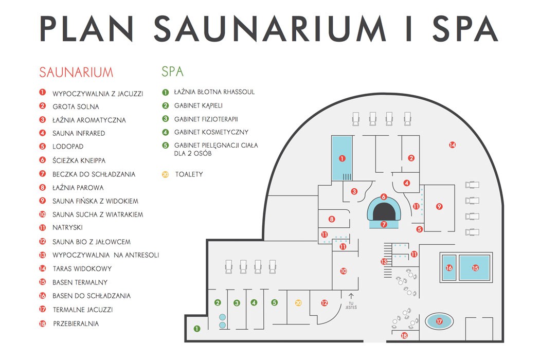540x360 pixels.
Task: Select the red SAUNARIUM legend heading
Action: (76, 72)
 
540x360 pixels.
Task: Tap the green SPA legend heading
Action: (172, 71)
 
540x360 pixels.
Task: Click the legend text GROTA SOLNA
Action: (76, 106)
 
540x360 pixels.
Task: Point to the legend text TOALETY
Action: (189, 174)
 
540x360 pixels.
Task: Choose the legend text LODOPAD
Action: (68, 147)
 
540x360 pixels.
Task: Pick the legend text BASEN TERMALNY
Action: (80, 282)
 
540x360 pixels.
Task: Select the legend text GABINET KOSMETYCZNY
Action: (211, 132)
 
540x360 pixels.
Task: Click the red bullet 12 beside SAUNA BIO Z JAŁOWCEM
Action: (43, 241)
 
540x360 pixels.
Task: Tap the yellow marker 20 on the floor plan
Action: (298, 303)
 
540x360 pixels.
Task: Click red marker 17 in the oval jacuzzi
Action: (439, 322)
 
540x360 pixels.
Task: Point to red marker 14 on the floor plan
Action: (452, 145)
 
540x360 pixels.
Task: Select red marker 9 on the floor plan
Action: (439, 206)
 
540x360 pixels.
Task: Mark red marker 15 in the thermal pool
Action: (475, 268)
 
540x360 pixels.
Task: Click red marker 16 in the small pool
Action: (449, 268)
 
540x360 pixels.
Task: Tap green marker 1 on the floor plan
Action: (196, 328)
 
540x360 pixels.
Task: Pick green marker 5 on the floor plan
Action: (274, 303)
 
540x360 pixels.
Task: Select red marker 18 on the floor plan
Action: (404, 336)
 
